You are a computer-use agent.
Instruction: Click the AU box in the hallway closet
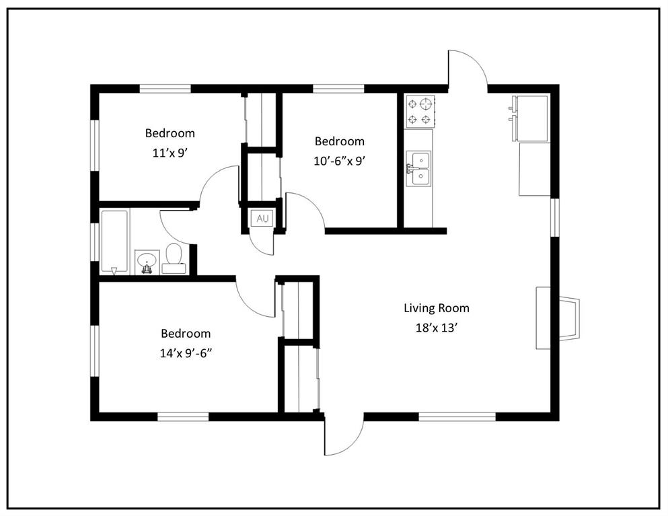point(262,219)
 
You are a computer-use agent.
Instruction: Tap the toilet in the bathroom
point(174,258)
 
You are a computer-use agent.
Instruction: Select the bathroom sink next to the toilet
point(147,262)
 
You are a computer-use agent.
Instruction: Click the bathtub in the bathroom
point(114,242)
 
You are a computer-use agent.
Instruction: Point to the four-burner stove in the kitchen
point(420,112)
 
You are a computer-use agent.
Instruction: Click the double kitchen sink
point(419,168)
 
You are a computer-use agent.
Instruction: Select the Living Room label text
point(437,308)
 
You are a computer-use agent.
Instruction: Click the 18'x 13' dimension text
point(437,328)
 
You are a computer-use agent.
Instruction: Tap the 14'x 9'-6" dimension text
point(186,353)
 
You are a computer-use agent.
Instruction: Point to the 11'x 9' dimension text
point(170,153)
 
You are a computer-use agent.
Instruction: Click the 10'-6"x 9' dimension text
point(340,161)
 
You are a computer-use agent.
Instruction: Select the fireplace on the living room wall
point(558,318)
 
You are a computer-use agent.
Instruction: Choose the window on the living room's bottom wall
point(457,416)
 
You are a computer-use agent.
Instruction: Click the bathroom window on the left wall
point(95,242)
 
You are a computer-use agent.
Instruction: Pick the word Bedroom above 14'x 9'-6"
point(186,333)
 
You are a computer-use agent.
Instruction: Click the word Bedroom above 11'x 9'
point(170,133)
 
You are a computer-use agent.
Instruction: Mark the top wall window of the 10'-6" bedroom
point(338,89)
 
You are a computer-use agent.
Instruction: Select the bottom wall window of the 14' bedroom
point(183,416)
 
